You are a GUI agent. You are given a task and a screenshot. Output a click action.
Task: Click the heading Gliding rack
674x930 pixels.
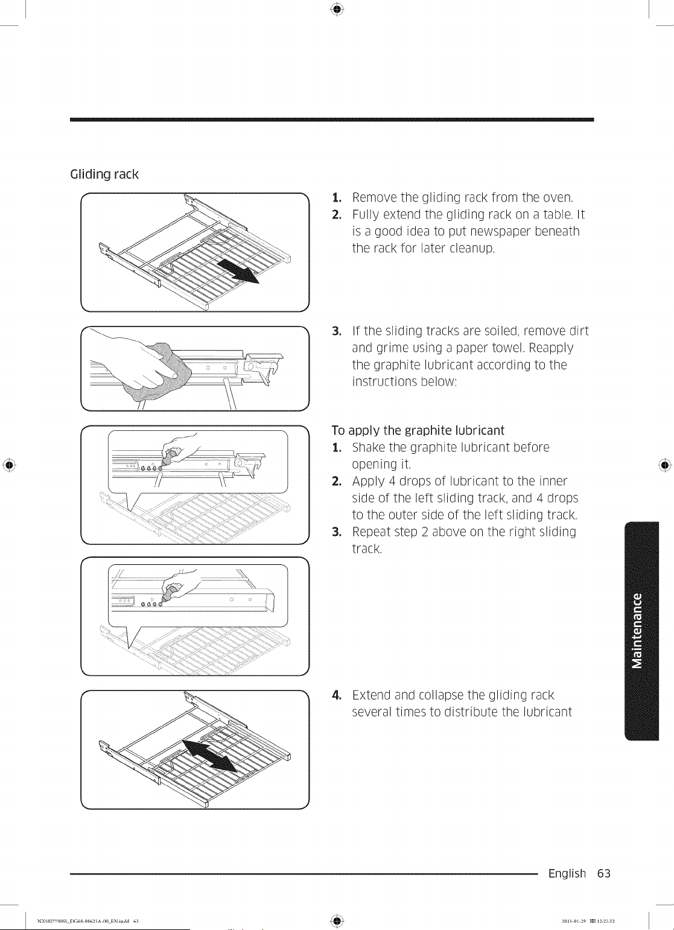click(104, 174)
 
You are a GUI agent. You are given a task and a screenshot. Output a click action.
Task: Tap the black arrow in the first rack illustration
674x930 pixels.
click(238, 270)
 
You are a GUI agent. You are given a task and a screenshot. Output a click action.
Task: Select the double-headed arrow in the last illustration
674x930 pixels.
click(209, 756)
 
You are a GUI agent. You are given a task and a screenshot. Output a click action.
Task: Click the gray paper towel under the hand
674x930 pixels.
click(160, 372)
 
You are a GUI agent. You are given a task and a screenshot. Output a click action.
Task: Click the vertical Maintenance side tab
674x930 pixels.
click(641, 631)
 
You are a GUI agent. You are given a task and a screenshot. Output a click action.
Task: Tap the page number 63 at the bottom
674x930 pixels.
click(604, 873)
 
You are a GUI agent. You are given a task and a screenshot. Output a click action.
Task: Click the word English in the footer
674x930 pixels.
click(567, 874)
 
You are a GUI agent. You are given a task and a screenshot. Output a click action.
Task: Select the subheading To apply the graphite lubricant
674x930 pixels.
click(418, 430)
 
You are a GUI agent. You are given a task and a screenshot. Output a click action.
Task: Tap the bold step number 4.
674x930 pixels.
click(337, 695)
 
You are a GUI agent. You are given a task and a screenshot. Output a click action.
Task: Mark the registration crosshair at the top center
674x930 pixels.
click(337, 9)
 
